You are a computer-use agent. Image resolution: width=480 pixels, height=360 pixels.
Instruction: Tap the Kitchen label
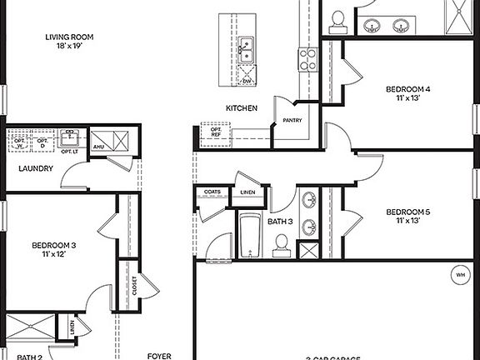241,108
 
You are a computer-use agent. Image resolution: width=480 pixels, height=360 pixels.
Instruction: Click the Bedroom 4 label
408,89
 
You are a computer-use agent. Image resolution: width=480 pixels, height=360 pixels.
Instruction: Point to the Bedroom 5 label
408,212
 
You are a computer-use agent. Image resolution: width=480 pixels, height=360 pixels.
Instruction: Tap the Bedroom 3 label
54,245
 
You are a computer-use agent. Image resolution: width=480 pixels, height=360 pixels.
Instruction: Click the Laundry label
36,168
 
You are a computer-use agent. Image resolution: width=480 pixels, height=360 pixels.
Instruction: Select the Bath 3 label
280,222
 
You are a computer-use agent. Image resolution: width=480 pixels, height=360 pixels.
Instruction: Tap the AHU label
97,147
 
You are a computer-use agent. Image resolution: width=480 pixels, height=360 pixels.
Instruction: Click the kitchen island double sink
246,51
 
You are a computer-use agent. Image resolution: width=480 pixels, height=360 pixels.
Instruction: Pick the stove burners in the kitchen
307,57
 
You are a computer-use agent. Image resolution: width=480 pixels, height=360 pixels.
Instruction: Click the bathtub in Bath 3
249,236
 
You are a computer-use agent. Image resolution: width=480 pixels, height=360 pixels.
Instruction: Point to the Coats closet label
211,192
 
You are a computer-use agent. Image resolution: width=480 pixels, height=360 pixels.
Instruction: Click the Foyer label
159,356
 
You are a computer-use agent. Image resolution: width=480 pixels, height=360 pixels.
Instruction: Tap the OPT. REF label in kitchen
215,132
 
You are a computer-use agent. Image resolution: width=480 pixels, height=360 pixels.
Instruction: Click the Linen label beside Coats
248,192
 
